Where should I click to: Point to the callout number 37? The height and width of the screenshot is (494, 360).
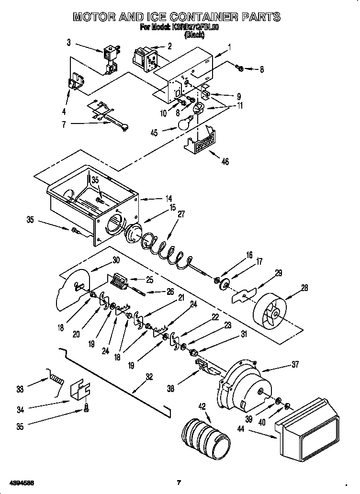(294, 365)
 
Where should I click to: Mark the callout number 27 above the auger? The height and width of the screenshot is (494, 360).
(181, 214)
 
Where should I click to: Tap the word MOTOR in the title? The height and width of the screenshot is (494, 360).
(96, 17)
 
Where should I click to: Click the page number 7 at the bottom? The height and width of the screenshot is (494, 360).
(179, 482)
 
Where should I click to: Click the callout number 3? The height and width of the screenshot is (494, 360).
(68, 43)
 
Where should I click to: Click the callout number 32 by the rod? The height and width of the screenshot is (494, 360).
(149, 377)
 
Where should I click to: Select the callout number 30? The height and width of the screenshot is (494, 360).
(115, 260)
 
